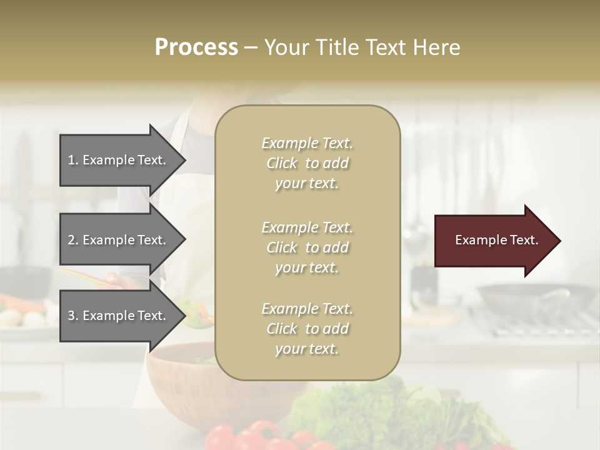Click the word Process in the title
[x=196, y=47]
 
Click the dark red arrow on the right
[x=487, y=241]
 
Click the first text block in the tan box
[x=307, y=163]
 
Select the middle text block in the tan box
[x=307, y=247]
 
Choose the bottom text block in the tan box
[x=307, y=329]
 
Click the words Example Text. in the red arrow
[x=496, y=240]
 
